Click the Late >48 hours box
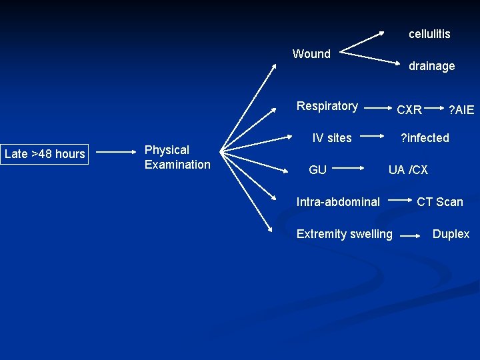(45, 154)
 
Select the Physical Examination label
(177, 157)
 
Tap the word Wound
(311, 54)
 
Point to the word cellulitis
(429, 34)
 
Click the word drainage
(431, 66)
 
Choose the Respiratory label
(327, 106)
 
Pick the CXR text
(409, 110)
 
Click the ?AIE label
(461, 110)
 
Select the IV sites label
(332, 138)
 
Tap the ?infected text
(424, 138)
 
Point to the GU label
(317, 170)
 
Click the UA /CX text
(408, 170)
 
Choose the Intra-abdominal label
(338, 201)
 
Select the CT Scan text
(439, 201)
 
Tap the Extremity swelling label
(344, 234)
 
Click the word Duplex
(451, 234)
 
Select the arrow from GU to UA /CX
(349, 169)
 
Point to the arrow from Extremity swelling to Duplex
(412, 235)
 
